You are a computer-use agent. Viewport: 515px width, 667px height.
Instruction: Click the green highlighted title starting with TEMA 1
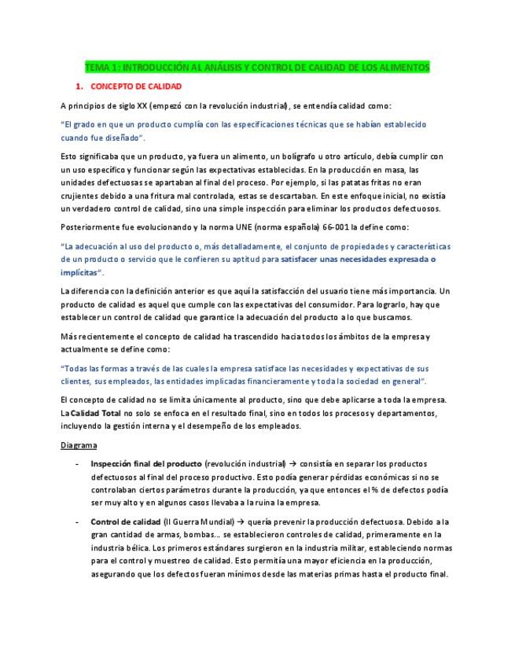click(x=257, y=68)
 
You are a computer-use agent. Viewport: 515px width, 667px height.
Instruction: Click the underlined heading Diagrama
click(x=79, y=445)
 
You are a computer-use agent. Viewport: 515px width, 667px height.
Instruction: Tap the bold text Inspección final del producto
click(x=145, y=464)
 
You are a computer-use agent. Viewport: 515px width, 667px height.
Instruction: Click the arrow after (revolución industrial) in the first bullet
click(x=296, y=464)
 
